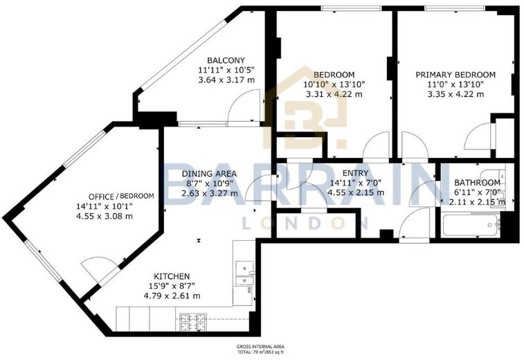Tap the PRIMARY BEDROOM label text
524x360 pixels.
tap(455, 75)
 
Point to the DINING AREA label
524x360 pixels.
tap(209, 173)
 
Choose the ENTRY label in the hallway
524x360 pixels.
tap(356, 173)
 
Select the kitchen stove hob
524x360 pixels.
tap(194, 321)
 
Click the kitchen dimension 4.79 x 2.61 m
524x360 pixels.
tap(172, 296)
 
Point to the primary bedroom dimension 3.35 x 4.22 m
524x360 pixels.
tap(455, 94)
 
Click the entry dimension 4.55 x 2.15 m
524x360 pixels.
tap(356, 192)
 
